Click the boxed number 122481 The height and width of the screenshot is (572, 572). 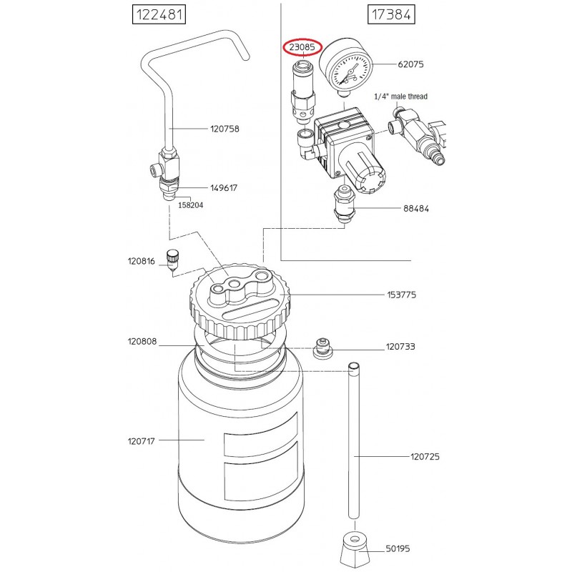(159, 14)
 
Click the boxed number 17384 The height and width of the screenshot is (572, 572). (391, 14)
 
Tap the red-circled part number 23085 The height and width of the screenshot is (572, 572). (302, 47)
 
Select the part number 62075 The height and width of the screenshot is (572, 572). (410, 64)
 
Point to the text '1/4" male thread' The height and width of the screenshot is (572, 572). (400, 97)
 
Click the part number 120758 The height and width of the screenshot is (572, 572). (225, 129)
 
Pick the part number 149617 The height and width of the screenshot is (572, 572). (224, 188)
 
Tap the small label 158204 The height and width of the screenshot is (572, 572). (190, 205)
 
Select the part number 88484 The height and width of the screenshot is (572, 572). (416, 208)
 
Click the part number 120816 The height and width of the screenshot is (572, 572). (141, 261)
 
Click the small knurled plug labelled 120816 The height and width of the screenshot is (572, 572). (172, 260)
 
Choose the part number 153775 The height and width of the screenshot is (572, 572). (401, 295)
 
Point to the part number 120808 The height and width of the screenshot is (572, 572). (142, 342)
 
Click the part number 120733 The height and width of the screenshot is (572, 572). (400, 347)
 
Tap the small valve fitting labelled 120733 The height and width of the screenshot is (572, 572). (322, 348)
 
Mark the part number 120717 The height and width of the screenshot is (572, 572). (141, 441)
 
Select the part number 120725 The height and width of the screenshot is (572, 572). (425, 456)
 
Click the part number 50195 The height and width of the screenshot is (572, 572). (398, 548)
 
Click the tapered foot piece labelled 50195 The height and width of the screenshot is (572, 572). (355, 549)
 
